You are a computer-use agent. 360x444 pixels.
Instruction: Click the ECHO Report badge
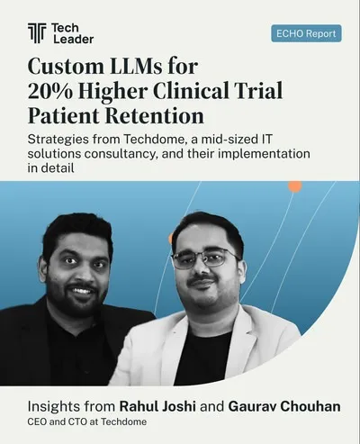pos(306,33)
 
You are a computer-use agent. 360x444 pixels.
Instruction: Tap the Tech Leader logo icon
pos(37,33)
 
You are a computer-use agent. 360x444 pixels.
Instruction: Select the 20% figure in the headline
pos(50,91)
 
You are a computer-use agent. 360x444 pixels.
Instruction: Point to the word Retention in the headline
pos(155,115)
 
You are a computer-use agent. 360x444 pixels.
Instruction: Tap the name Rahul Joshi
pos(157,406)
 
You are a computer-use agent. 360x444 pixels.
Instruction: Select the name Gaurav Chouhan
pos(284,406)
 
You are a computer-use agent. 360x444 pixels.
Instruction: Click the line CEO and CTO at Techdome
pos(87,421)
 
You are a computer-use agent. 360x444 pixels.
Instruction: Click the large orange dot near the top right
pos(295,186)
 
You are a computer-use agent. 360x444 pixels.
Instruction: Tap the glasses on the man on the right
pos(205,259)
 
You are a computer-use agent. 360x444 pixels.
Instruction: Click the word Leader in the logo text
pos(74,39)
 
